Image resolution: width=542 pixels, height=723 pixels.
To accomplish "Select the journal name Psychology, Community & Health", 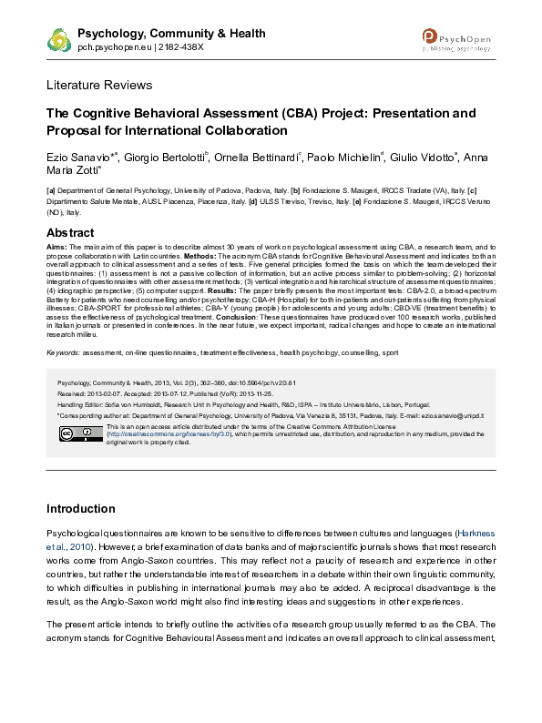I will tap(172, 33).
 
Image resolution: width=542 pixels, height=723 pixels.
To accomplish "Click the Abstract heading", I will tap(70, 232).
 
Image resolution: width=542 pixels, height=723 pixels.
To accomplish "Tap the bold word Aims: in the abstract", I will tap(56, 248).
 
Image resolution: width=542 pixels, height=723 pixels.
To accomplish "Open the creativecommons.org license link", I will tap(157, 434).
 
